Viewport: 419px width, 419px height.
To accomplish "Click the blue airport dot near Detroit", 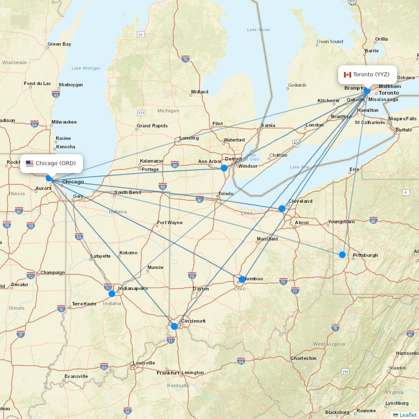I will pos(224,168).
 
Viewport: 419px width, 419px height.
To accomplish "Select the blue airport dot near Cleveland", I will pos(282,208).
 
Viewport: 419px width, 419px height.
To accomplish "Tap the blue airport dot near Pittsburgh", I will pos(342,254).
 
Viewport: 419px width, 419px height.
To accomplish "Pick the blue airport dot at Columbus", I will pos(242,279).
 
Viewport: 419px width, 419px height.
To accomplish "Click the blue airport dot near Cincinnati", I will pos(174,326).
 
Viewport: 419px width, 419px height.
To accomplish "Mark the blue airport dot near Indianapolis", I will pos(112,293).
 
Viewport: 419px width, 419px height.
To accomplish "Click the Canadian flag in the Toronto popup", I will pos(347,75).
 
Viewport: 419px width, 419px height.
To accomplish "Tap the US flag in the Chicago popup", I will pos(30,163).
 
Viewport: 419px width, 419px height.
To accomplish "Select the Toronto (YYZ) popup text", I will pos(371,75).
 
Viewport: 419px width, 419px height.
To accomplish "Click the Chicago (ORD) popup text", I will pos(56,163).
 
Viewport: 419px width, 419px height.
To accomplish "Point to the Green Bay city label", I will pos(59,44).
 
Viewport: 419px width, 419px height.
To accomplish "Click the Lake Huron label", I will pos(259,30).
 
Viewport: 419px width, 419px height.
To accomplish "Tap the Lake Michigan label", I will pos(86,68).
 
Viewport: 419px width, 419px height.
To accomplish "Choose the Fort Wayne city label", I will pos(170,222).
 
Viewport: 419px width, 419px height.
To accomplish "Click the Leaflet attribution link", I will pos(408,415).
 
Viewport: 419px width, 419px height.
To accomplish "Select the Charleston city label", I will pos(304,358).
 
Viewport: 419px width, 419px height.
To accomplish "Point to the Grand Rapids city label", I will pos(152,126).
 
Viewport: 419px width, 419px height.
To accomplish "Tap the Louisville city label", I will pos(144,363).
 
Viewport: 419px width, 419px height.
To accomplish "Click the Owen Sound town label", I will pos(330,41).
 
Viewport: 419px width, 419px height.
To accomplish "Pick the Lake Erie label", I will pos(299,167).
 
